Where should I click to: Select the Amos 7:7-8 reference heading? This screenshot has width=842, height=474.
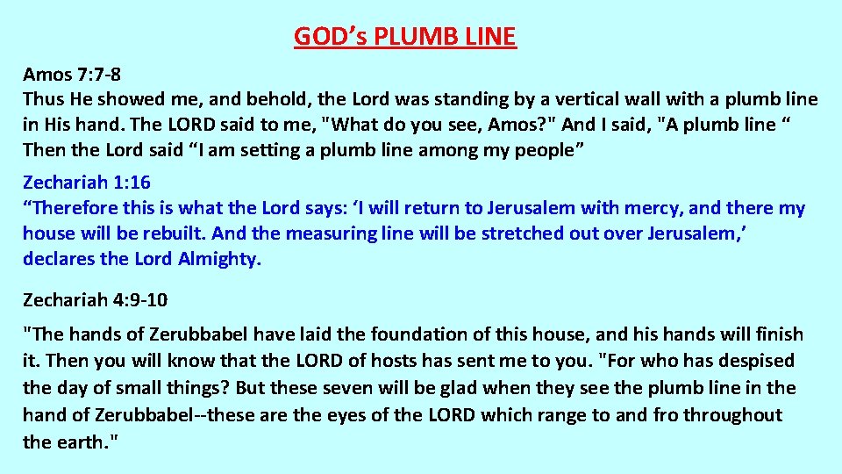tap(71, 74)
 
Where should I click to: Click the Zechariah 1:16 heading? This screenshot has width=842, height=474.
tap(86, 183)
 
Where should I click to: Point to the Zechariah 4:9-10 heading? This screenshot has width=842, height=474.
tap(95, 300)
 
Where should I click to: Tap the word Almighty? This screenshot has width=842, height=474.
tap(219, 259)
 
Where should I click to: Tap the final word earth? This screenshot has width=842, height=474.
tap(81, 442)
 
